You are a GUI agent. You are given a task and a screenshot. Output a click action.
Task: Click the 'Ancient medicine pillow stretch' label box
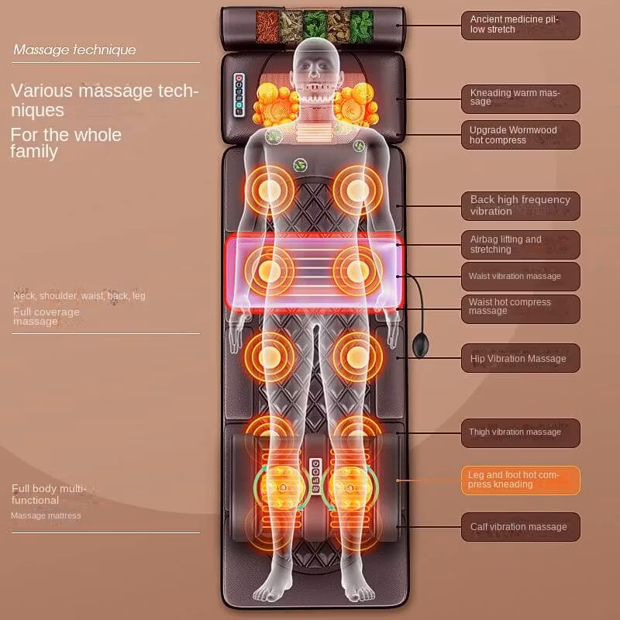[x=520, y=25]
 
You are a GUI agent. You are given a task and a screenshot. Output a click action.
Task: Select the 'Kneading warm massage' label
[x=520, y=98]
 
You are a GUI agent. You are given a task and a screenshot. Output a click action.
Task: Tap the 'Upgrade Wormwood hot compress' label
[x=520, y=135]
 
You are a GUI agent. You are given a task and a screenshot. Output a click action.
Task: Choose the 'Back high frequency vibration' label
[x=520, y=205]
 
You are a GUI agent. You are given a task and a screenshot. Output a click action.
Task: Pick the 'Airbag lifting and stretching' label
[x=520, y=244]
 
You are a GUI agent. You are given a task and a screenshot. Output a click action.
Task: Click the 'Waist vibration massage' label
[x=520, y=276]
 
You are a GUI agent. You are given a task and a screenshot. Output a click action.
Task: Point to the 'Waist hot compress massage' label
[x=520, y=308]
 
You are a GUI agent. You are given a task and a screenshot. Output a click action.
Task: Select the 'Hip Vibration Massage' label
[x=520, y=358]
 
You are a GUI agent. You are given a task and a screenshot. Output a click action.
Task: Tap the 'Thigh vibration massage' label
[x=520, y=432]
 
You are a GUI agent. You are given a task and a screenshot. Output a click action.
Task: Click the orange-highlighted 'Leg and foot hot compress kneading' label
[x=520, y=480]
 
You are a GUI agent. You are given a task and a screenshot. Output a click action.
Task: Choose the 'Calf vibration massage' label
[x=520, y=527]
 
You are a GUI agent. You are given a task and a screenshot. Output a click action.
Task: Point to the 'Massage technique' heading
[x=74, y=50]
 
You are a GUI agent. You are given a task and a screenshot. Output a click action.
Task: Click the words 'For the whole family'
[x=66, y=143]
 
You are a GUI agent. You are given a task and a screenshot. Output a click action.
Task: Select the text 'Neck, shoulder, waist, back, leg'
[x=79, y=295]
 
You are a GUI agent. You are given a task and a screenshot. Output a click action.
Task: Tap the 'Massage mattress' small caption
[x=46, y=515]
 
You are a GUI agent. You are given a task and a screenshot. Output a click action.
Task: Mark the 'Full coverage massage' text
[x=46, y=316]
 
